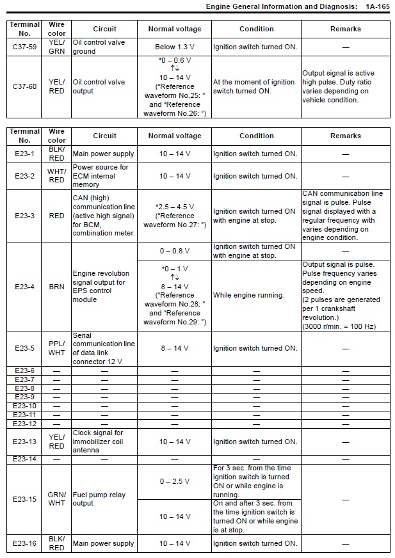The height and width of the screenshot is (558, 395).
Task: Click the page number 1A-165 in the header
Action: tap(376, 6)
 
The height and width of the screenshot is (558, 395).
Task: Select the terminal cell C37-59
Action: tap(24, 47)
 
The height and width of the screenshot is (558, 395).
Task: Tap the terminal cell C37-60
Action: tap(24, 86)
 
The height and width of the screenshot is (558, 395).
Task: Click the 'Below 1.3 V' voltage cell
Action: tap(174, 47)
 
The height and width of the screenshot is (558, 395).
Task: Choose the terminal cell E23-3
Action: tap(24, 216)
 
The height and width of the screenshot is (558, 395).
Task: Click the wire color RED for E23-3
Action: tap(56, 216)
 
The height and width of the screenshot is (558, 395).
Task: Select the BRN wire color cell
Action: tap(56, 287)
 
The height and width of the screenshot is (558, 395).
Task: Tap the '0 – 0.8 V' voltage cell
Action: tap(174, 251)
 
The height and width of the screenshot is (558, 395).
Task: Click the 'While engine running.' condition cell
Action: tap(255, 295)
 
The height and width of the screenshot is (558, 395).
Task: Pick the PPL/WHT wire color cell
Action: tap(56, 348)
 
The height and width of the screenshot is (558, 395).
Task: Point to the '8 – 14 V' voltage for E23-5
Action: tap(174, 348)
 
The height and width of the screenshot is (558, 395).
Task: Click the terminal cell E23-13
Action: tap(24, 442)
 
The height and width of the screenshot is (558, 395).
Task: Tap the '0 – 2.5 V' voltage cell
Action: tap(174, 481)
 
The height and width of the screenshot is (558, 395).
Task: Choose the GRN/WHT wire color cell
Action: tap(56, 498)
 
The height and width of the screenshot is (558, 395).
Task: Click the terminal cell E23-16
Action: tap(24, 543)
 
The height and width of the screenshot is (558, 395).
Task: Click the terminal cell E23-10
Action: tap(24, 406)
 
